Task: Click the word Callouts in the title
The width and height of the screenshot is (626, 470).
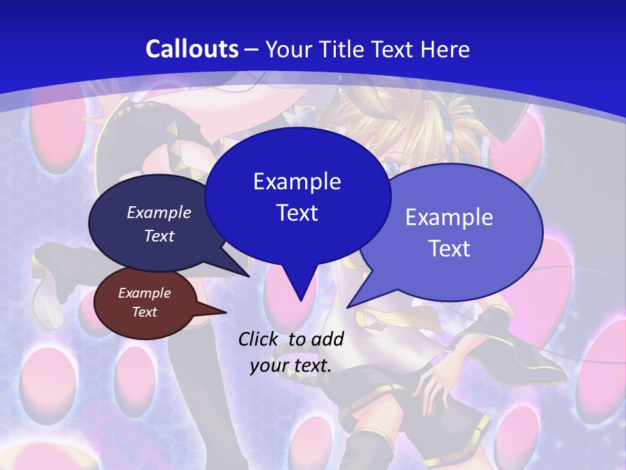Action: click(x=192, y=49)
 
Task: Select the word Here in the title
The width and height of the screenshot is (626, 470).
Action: click(x=445, y=49)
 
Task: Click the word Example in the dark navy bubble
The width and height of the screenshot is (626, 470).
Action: click(x=159, y=212)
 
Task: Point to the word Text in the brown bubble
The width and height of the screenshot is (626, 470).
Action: click(x=145, y=312)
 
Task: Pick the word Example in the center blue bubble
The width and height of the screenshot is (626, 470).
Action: click(x=297, y=181)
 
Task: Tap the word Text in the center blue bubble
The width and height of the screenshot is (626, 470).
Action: click(x=297, y=213)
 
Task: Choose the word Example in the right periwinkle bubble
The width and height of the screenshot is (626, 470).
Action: click(x=449, y=217)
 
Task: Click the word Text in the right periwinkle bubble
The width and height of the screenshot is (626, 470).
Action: click(x=449, y=249)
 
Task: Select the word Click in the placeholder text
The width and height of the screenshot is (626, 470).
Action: click(x=259, y=339)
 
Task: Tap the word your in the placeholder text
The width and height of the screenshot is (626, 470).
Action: click(x=269, y=366)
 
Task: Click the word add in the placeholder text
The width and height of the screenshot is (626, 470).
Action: click(x=327, y=339)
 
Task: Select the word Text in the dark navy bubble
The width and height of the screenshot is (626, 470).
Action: click(x=159, y=236)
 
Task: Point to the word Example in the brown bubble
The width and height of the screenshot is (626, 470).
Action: click(x=145, y=293)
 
